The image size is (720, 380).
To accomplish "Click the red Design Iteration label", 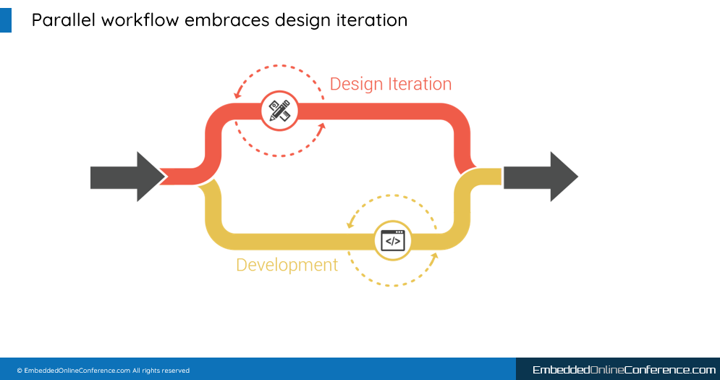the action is point(391,84).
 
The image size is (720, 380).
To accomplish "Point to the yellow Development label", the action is point(287,265).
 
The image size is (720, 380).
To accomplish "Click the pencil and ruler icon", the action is point(279,111).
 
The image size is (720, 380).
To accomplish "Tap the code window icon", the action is point(393,240).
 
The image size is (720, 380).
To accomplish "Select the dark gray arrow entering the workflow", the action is point(127,177).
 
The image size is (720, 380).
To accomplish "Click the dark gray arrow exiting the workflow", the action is point(541,177).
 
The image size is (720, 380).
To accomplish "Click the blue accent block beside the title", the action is point(6,20).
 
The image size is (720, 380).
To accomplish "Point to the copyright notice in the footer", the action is point(103,371).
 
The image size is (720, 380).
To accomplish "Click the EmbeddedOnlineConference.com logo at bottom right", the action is point(624,370).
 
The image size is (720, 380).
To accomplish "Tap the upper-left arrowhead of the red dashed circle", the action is point(237,94).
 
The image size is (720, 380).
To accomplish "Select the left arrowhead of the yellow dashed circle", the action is point(350,224).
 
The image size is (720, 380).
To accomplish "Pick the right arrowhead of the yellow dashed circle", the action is point(434,257).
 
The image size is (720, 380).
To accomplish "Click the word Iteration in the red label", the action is point(420,84).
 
